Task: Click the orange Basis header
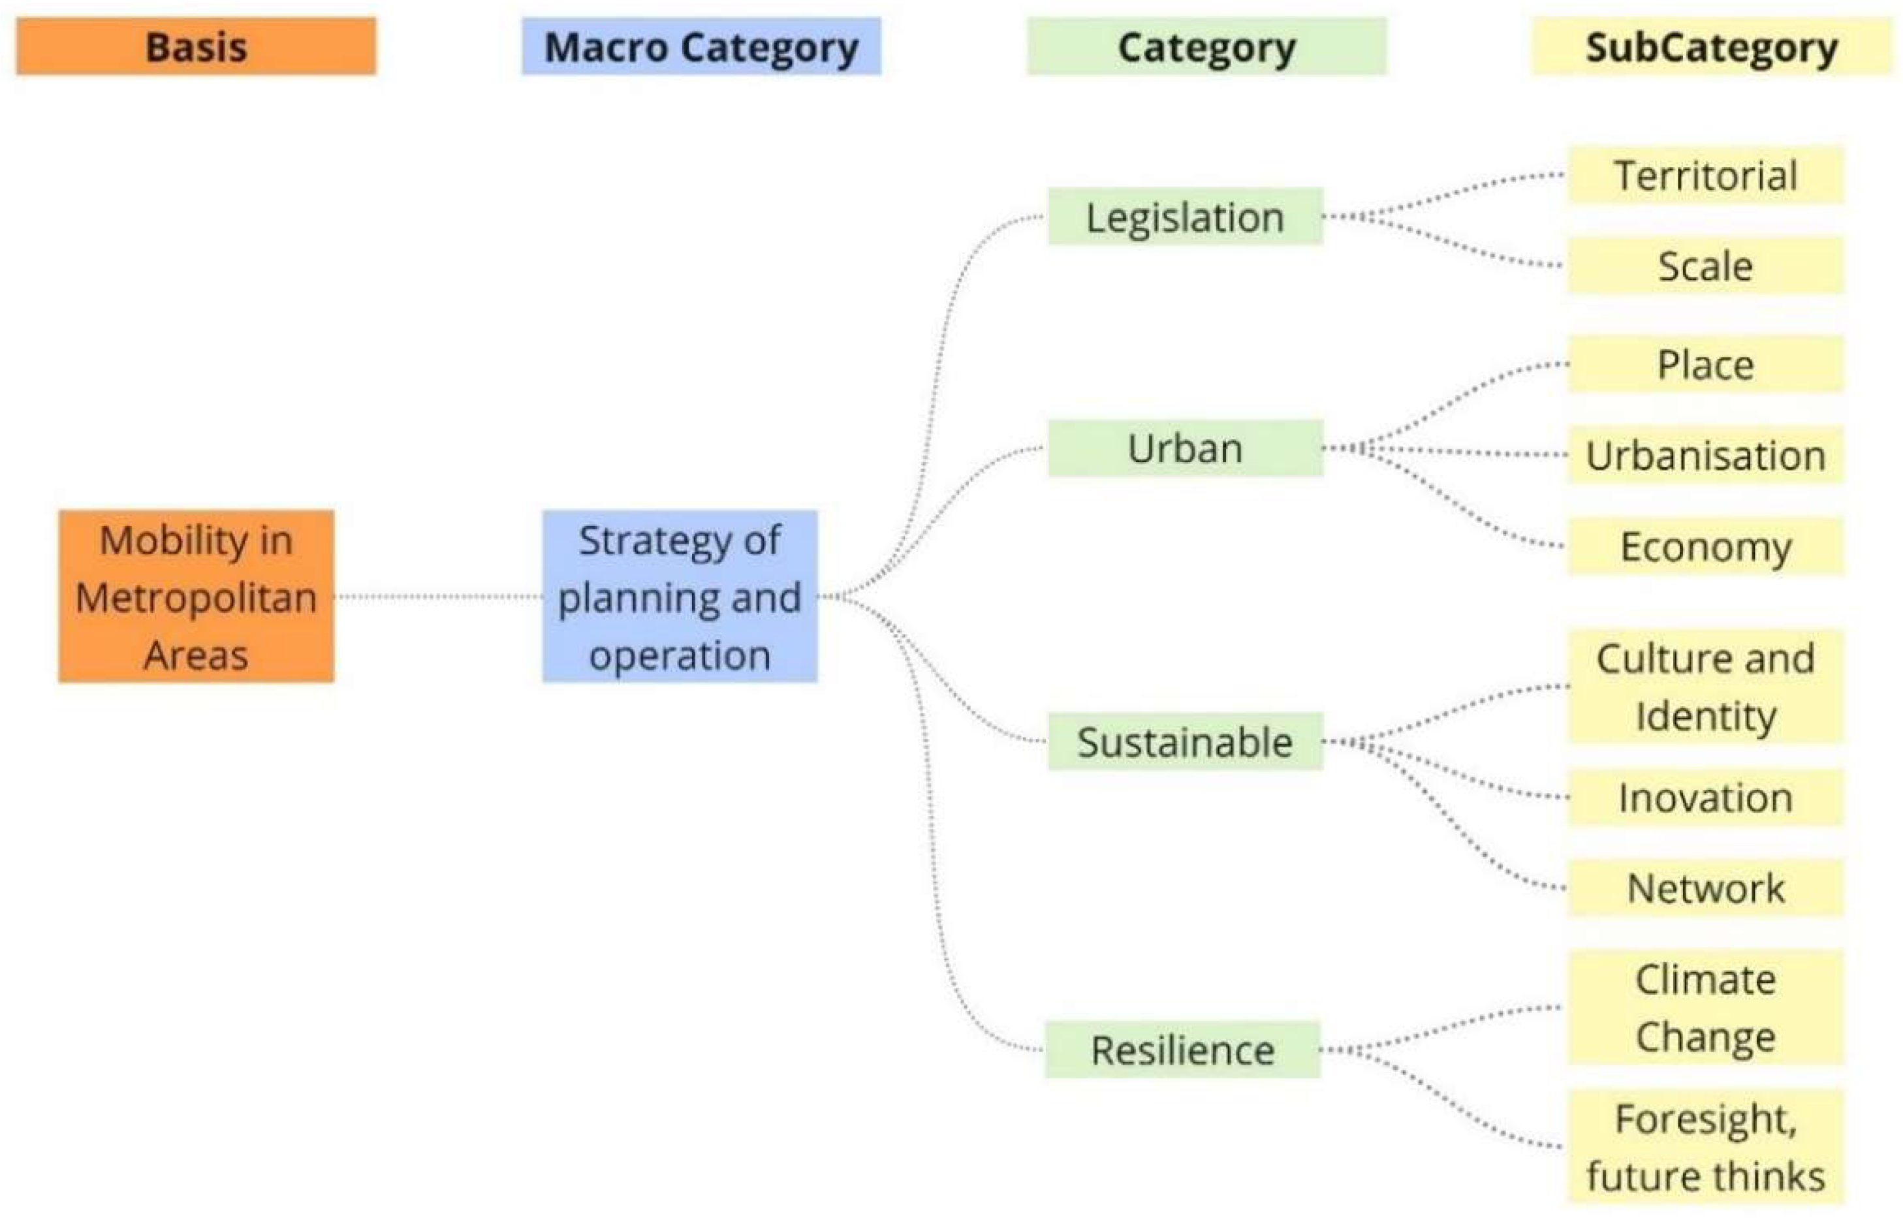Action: (x=196, y=46)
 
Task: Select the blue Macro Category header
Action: (x=700, y=46)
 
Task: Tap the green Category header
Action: (x=1206, y=46)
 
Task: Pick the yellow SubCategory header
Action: (x=1712, y=46)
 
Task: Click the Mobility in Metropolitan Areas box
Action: (x=196, y=597)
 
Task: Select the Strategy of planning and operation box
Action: (x=680, y=597)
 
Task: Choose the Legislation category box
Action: (x=1185, y=217)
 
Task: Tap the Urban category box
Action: (x=1185, y=448)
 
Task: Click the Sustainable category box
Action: (x=1185, y=742)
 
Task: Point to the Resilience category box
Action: (x=1182, y=1050)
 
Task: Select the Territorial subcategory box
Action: (x=1706, y=175)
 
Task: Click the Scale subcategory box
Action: (x=1706, y=266)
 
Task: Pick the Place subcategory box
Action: (x=1706, y=365)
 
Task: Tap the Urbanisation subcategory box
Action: (x=1706, y=456)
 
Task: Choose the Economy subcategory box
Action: (x=1706, y=546)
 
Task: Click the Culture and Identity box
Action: (x=1706, y=687)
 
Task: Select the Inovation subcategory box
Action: (x=1706, y=797)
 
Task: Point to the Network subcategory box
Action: (x=1706, y=888)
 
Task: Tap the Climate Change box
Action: (x=1706, y=1008)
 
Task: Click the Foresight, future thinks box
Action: (x=1706, y=1147)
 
